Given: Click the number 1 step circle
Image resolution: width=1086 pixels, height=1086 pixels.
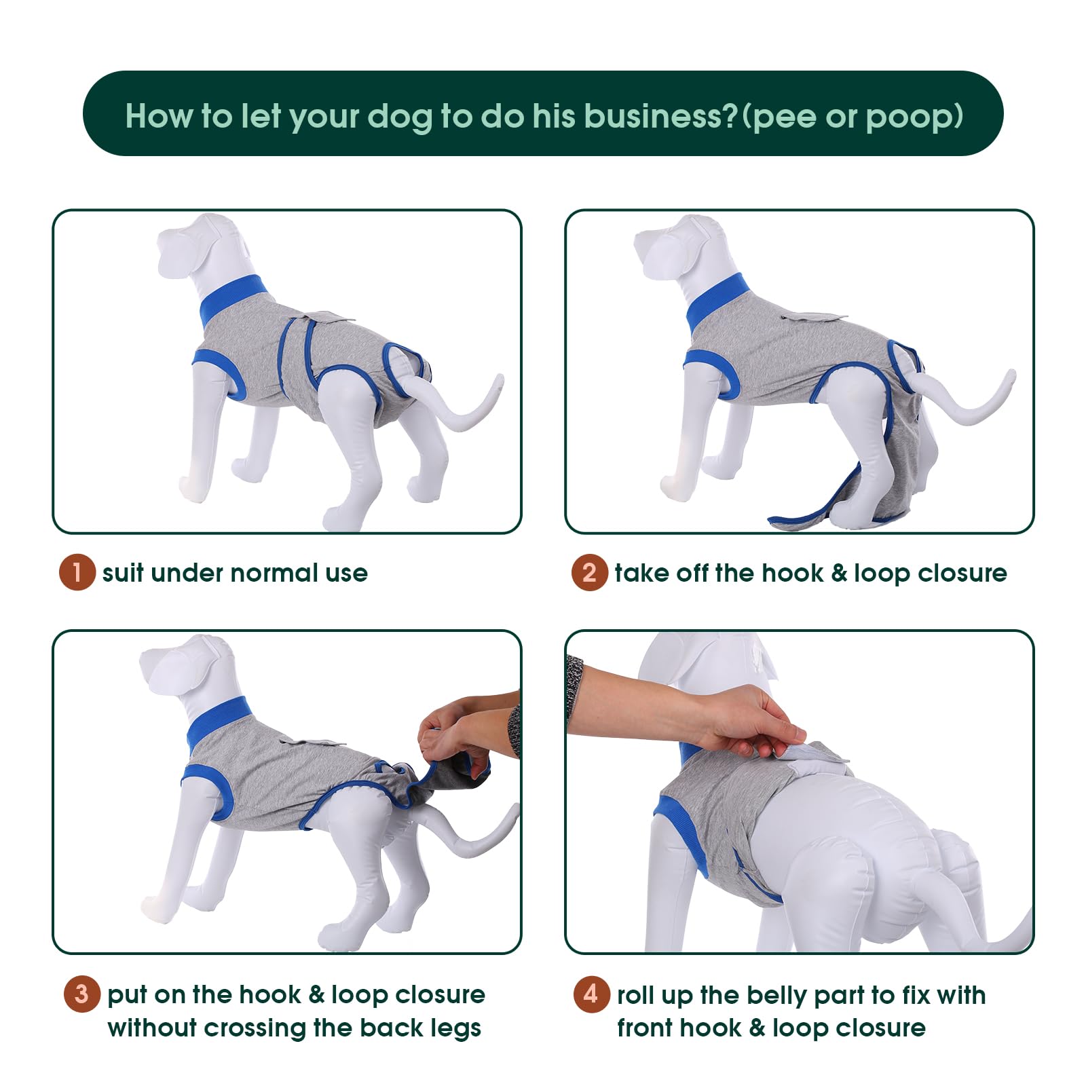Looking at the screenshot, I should click(x=77, y=573).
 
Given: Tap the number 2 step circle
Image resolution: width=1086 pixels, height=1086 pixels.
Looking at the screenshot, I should click(x=589, y=573).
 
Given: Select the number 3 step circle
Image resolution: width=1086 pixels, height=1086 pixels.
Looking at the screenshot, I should click(x=82, y=994).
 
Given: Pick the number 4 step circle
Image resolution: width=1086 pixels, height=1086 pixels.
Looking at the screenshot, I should click(x=591, y=994).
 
